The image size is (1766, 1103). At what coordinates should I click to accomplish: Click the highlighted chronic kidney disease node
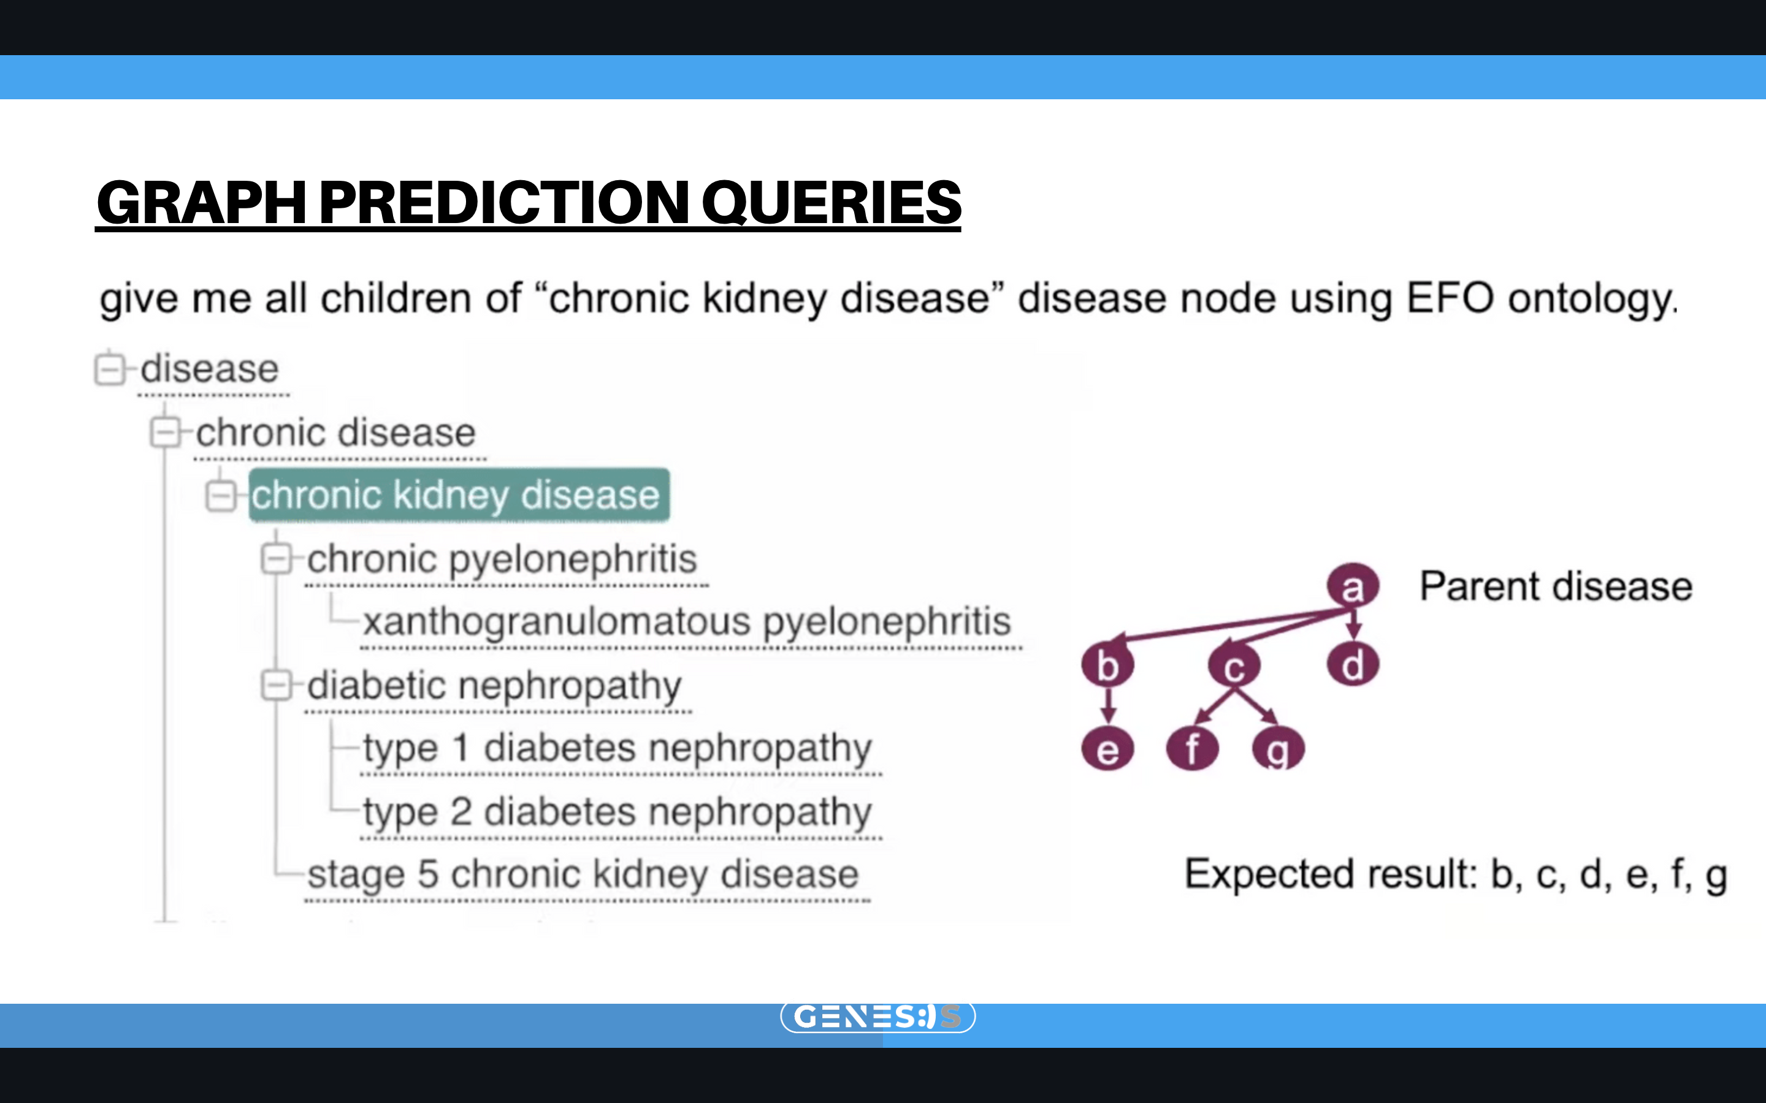(459, 495)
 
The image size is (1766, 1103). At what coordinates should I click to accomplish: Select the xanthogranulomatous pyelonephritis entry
(687, 622)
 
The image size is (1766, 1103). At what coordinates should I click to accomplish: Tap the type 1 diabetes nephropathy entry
(617, 748)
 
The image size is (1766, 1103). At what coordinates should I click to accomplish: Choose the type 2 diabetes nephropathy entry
(617, 812)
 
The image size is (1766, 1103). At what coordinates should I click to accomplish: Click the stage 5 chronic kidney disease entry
(583, 874)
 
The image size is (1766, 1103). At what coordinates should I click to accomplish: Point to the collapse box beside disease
(110, 368)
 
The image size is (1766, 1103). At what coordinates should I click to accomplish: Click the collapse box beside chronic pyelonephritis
(277, 559)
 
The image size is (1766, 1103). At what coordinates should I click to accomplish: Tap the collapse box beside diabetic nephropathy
(277, 686)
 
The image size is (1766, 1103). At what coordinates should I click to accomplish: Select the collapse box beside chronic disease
(166, 432)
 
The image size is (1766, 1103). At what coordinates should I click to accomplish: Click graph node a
(1352, 586)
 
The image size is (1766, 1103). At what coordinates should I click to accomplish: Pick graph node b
(1108, 665)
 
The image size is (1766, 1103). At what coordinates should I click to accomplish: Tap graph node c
(1234, 666)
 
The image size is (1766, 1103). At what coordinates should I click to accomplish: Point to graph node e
(1108, 748)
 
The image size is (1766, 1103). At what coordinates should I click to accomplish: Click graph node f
(1193, 748)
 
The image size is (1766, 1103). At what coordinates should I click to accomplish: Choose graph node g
(1278, 748)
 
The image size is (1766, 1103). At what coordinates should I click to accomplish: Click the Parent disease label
(1556, 586)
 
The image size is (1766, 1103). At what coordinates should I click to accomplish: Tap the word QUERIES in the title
(832, 202)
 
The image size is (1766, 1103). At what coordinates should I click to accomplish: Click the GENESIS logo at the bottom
(878, 1016)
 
